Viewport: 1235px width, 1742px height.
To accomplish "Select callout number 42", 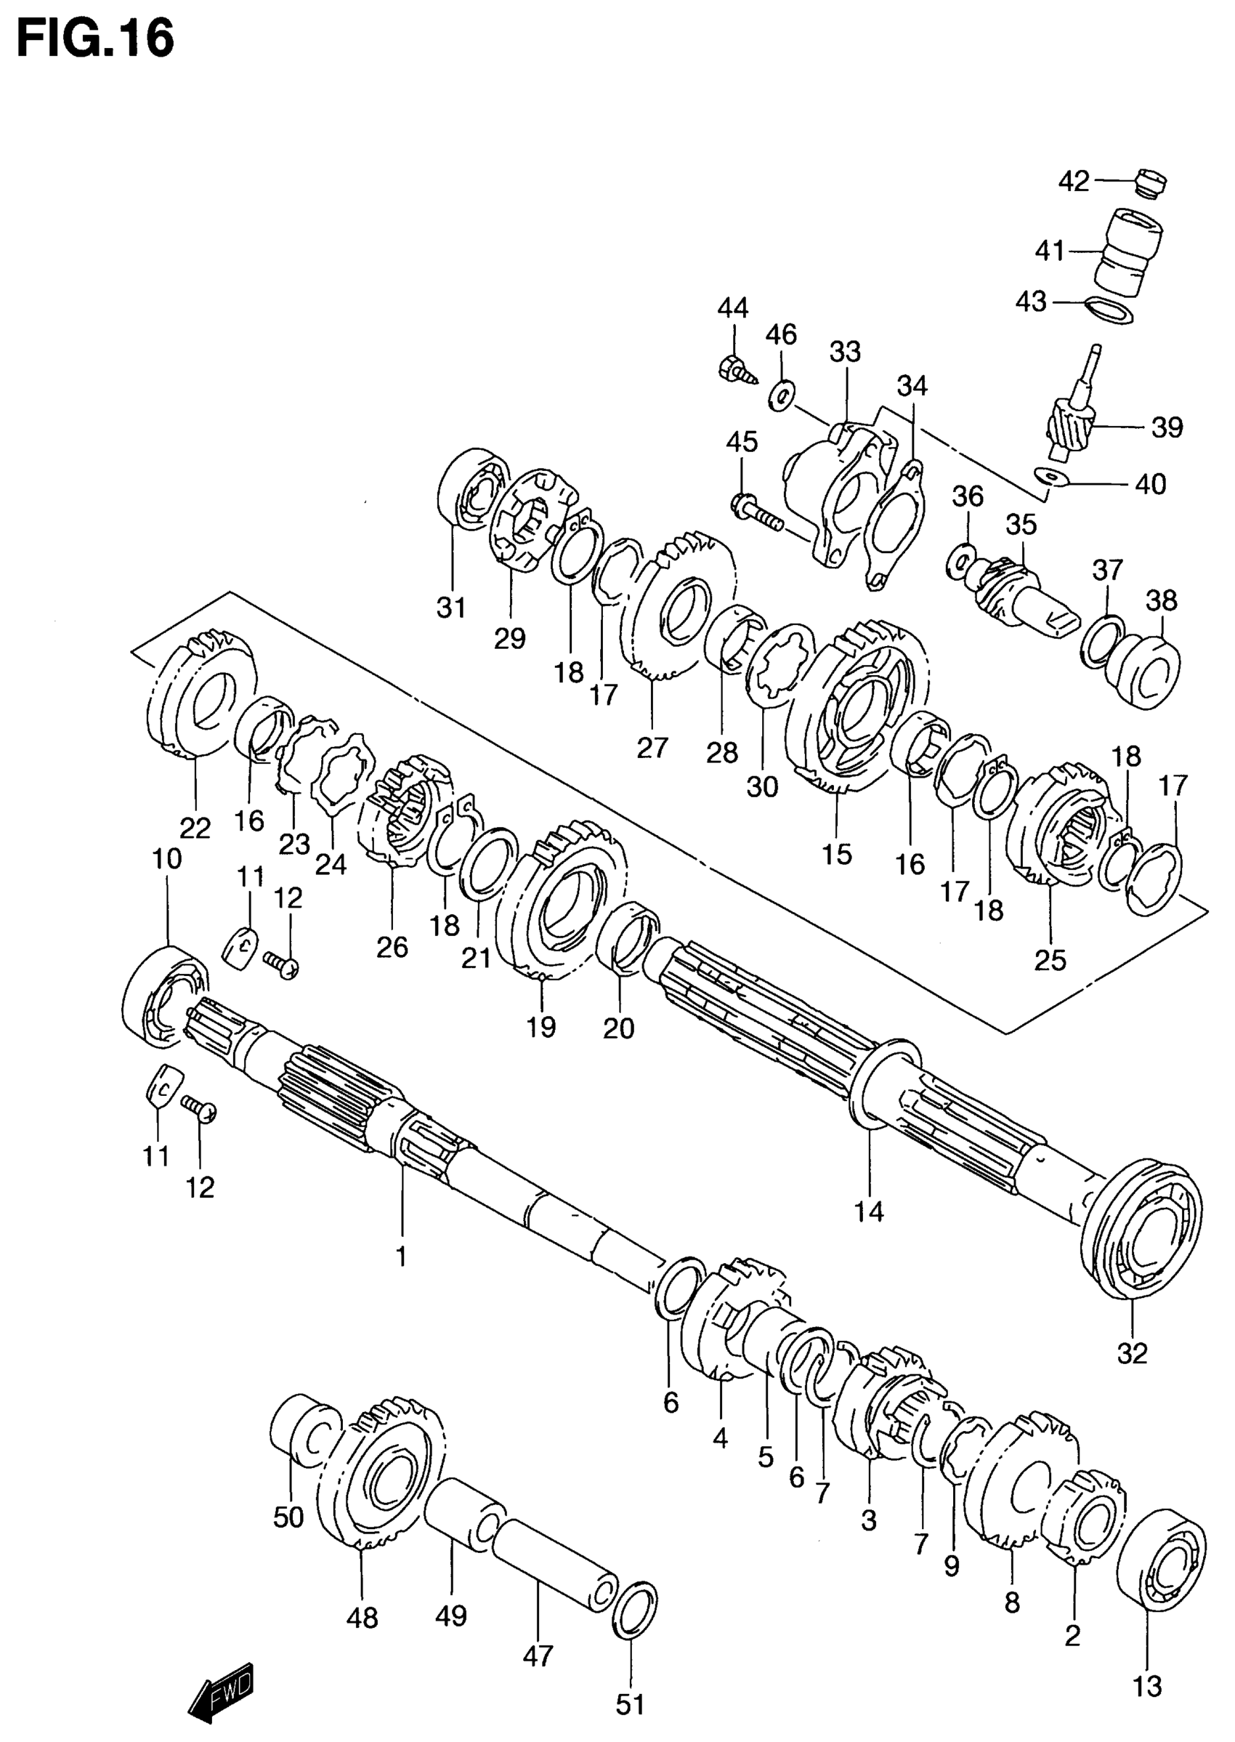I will pyautogui.click(x=1074, y=181).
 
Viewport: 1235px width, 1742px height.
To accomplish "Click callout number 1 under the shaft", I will pyautogui.click(x=401, y=1255).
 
